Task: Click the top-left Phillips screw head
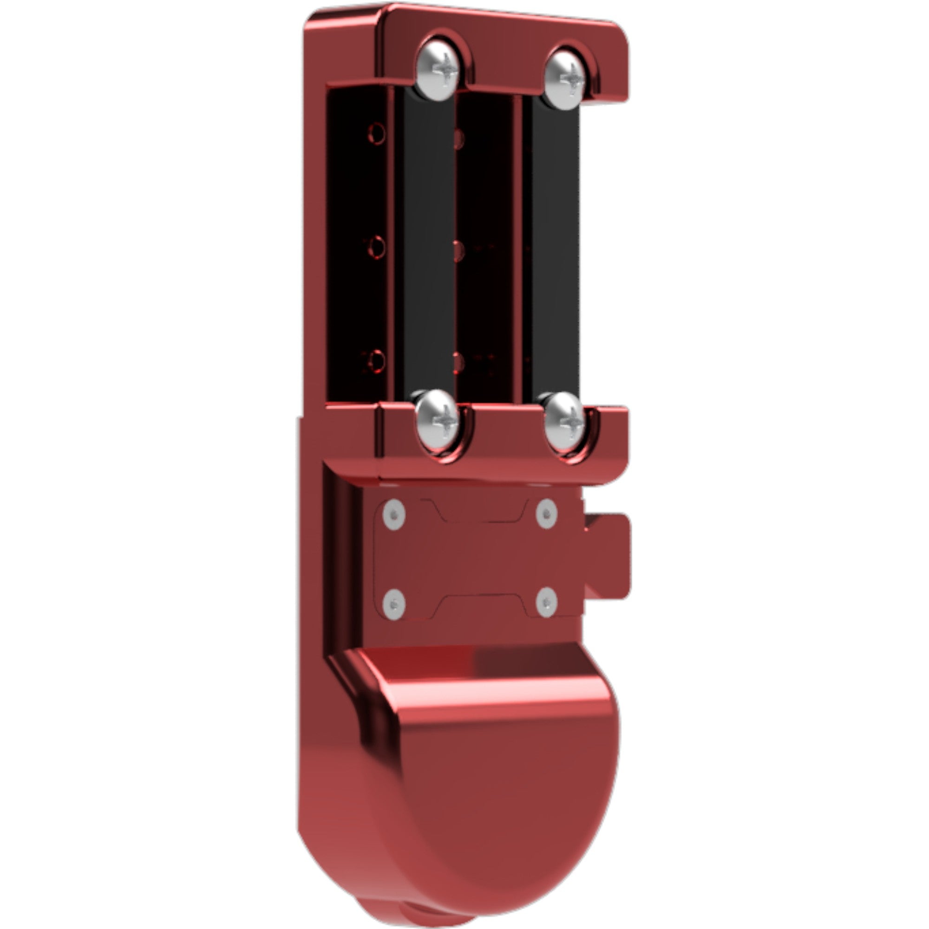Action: [437, 71]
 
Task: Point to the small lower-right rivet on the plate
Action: [547, 602]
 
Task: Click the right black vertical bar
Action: [556, 250]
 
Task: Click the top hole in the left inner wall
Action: [377, 133]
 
